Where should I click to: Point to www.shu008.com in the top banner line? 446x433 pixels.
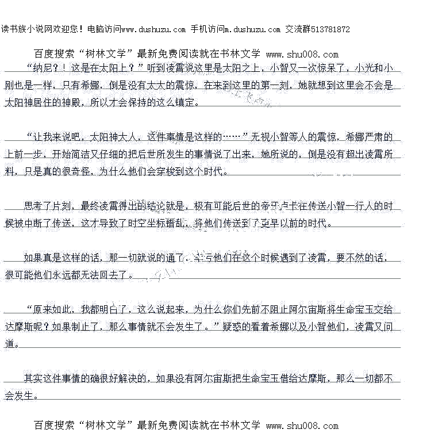click(x=302, y=55)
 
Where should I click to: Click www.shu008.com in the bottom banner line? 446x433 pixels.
click(x=302, y=426)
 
